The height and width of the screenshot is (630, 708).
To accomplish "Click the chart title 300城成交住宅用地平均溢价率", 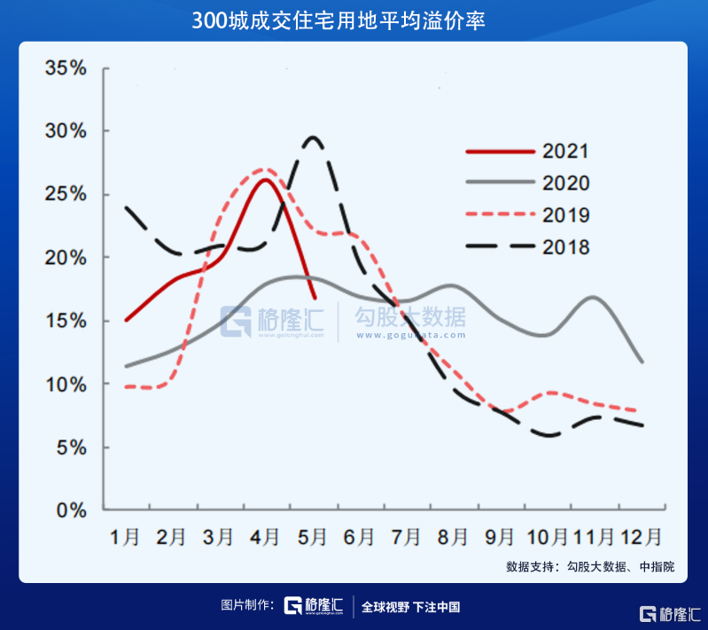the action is click(x=338, y=20).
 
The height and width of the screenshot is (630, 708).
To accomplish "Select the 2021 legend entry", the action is click(x=527, y=152).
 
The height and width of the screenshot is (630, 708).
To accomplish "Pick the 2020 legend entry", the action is click(x=527, y=183).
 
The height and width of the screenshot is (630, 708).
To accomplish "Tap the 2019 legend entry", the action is click(x=527, y=215).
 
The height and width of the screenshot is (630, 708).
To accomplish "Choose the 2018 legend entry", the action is click(x=527, y=247).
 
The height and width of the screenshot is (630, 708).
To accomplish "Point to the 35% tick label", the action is click(x=66, y=68).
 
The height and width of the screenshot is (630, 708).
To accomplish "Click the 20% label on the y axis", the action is click(x=66, y=258).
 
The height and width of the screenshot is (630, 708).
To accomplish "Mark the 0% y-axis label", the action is click(x=72, y=510).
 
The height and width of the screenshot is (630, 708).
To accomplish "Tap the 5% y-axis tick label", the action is click(x=72, y=447).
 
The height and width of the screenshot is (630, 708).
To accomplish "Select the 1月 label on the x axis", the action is click(x=125, y=537).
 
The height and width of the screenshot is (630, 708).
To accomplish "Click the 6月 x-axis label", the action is click(x=359, y=537).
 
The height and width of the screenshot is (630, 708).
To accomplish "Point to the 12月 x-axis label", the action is click(x=642, y=537).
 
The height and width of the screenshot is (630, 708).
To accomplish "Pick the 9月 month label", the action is click(x=500, y=537).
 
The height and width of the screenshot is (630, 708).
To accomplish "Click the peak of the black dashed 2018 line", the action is click(x=313, y=136).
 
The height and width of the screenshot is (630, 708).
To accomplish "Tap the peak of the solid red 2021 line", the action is click(x=265, y=180).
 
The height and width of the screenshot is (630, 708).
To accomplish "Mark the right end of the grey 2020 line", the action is click(x=642, y=362).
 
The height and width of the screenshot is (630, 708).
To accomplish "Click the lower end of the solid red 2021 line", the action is click(x=315, y=299).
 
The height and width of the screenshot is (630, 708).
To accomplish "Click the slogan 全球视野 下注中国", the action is click(x=410, y=607).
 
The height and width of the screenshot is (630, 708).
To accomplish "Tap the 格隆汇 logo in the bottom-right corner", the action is click(x=670, y=615).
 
